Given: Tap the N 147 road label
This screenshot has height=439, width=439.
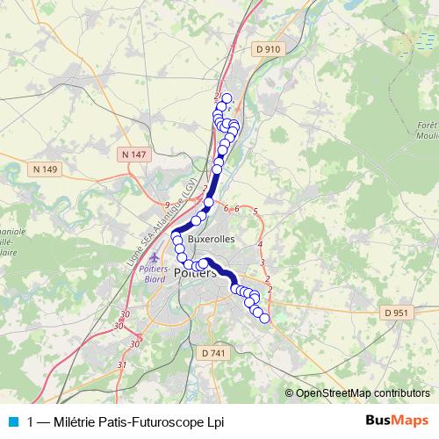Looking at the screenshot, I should [x=133, y=155].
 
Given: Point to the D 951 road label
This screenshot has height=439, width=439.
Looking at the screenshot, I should [x=397, y=313].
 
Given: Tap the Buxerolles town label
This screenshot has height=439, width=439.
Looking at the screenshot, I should [x=211, y=239].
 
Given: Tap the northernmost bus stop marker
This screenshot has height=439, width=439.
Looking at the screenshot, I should [x=227, y=98].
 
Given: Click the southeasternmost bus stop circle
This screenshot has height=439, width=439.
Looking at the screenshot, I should [x=265, y=319].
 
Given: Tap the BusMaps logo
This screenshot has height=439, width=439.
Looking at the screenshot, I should [x=397, y=421].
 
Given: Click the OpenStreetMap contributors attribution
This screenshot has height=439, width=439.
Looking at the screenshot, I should [x=362, y=392].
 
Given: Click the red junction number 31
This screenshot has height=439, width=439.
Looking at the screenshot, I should [x=122, y=364].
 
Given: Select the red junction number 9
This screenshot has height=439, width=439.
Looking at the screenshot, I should [x=167, y=205].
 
